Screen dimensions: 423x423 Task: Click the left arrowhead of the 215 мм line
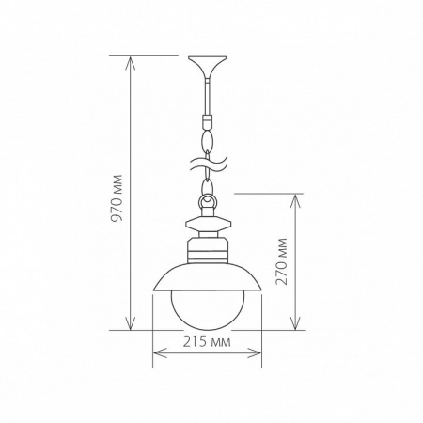tap(156, 353)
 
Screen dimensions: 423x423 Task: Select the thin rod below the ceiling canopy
tap(207, 94)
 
